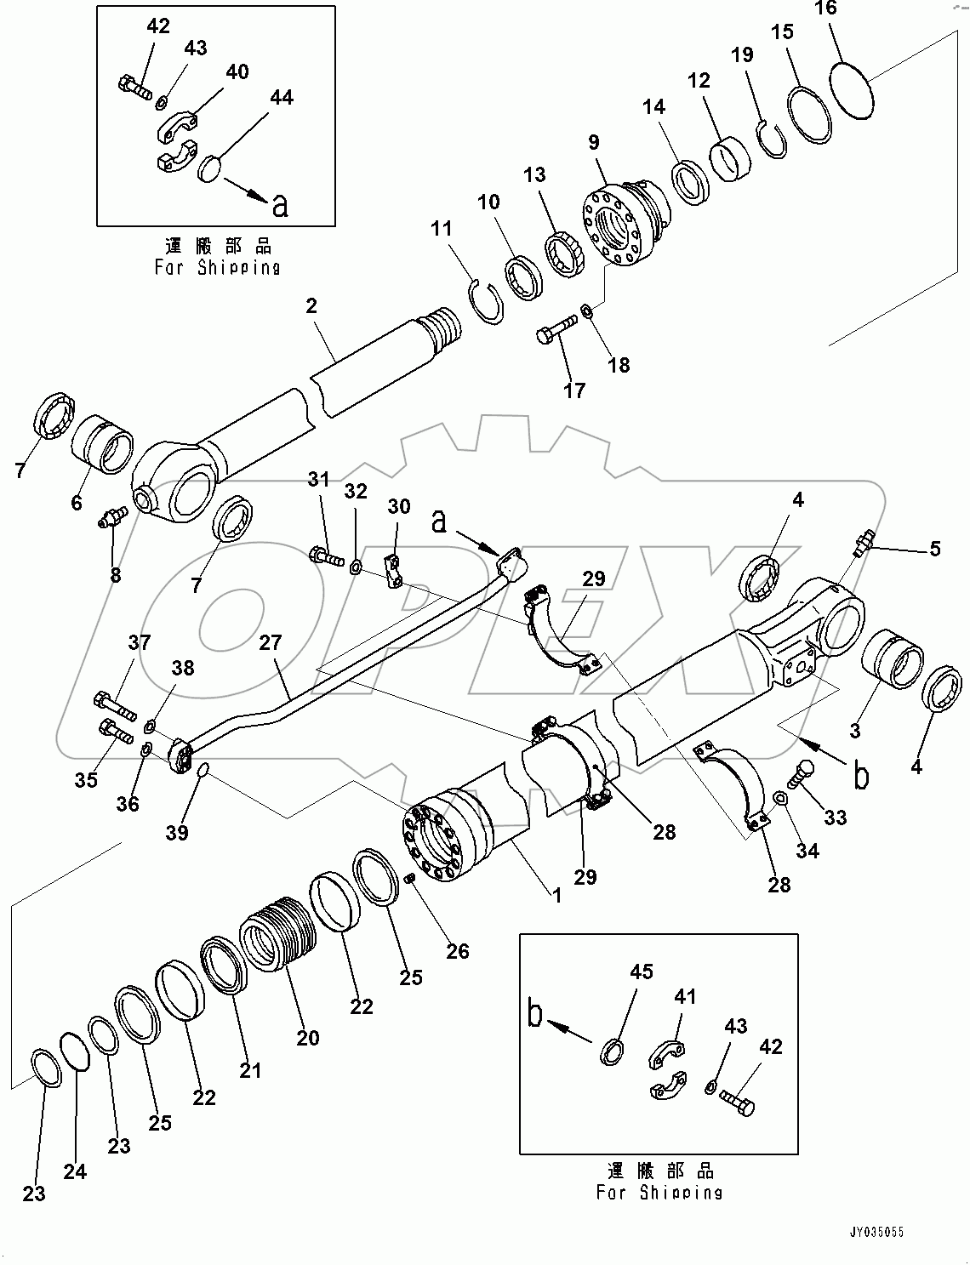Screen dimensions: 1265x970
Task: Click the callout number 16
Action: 825,9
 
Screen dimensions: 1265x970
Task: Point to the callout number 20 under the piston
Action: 308,1037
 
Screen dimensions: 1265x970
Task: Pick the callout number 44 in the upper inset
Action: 281,99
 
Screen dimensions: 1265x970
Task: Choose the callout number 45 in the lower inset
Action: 641,972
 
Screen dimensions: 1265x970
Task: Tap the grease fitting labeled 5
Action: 864,542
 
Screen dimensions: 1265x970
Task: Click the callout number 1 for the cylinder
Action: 556,896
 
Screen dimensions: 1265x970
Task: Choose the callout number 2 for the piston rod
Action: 311,305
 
